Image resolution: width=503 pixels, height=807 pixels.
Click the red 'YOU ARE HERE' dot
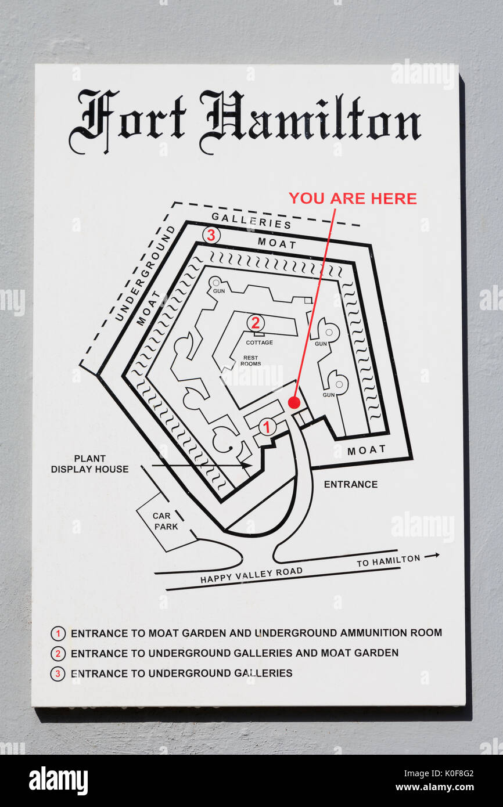[x=294, y=403]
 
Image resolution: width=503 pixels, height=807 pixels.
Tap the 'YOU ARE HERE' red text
[x=353, y=199]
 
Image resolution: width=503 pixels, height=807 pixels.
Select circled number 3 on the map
[x=211, y=236]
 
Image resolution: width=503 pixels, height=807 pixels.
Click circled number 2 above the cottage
[x=256, y=323]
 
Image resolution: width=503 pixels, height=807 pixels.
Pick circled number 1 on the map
[x=267, y=427]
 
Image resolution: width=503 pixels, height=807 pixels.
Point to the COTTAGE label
[x=260, y=343]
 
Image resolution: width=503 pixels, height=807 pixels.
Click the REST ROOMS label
[x=251, y=361]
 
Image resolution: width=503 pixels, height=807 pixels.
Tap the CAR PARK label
[x=166, y=521]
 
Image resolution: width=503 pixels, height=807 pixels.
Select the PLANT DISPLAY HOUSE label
[x=89, y=464]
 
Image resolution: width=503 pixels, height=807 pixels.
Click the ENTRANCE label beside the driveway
[x=351, y=484]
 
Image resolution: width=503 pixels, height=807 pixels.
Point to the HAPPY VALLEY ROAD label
[x=251, y=575]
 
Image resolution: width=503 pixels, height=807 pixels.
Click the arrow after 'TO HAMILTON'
[x=432, y=556]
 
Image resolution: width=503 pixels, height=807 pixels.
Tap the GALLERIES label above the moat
[x=251, y=221]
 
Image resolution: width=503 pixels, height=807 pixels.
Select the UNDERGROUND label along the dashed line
[x=145, y=273]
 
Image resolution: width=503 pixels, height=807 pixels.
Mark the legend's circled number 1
[x=58, y=633]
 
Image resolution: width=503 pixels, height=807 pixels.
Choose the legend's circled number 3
[x=58, y=673]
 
